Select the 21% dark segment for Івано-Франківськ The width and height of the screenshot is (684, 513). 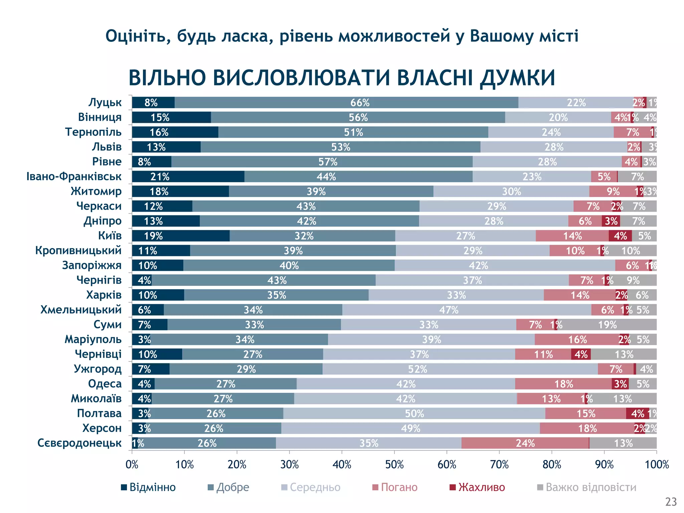point(188,177)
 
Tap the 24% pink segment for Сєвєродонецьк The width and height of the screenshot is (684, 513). point(525,443)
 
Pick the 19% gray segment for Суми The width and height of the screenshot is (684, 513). point(607,325)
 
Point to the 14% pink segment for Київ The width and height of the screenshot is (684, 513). point(572,236)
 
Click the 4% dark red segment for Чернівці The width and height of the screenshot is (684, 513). point(581,354)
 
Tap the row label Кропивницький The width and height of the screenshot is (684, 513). point(78,250)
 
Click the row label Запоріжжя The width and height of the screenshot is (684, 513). point(92,265)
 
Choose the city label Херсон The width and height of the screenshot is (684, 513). point(102,428)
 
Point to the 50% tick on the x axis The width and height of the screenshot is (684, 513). point(394,465)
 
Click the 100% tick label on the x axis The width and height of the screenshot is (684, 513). point(657,465)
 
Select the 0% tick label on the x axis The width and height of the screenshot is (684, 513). point(132,465)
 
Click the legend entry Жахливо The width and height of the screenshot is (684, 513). point(481,487)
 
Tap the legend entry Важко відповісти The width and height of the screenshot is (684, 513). point(590,487)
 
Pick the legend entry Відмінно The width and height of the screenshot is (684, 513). point(152,487)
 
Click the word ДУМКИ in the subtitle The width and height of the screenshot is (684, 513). point(517,78)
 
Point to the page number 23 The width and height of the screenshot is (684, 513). point(671,502)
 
